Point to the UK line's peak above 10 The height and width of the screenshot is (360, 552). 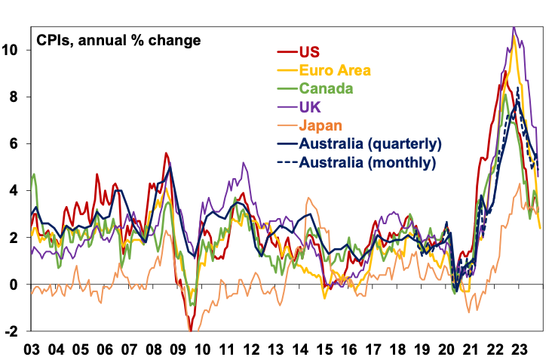pos(514,28)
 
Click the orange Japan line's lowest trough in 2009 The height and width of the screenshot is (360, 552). pos(189,331)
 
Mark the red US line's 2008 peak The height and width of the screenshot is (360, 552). pos(165,153)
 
